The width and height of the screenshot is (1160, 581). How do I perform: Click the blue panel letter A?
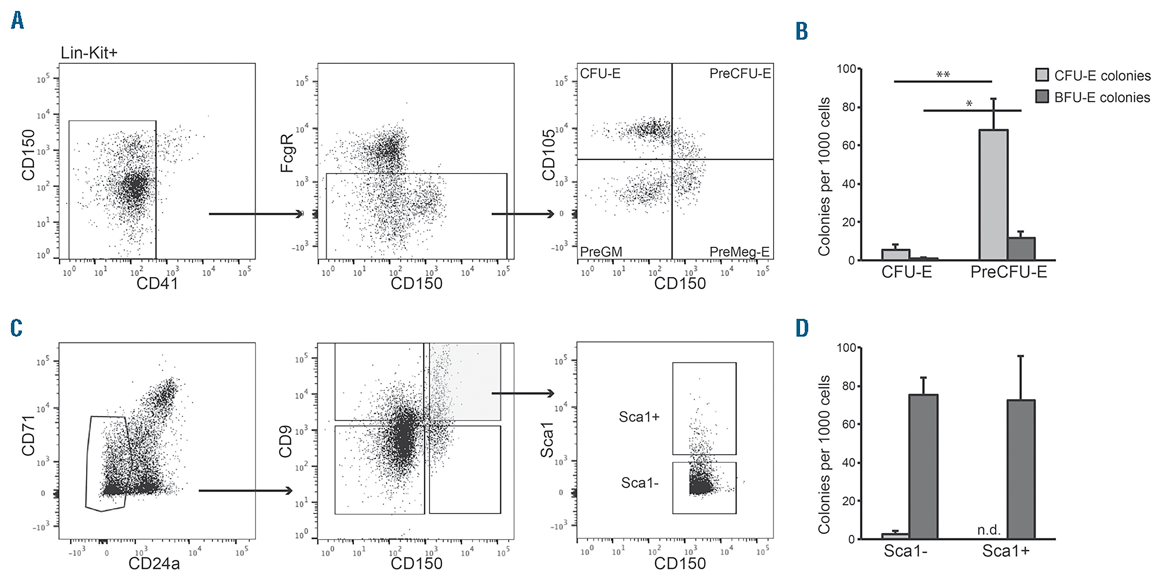(17, 21)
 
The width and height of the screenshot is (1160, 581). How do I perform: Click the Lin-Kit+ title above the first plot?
(89, 53)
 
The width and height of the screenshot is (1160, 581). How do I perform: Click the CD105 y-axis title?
(549, 155)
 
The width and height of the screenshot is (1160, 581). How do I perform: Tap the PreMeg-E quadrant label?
(739, 251)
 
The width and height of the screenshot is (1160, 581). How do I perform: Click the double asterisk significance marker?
(943, 74)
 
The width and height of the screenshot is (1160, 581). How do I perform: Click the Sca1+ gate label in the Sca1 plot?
(639, 417)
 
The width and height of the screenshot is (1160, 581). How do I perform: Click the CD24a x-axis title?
(154, 563)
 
